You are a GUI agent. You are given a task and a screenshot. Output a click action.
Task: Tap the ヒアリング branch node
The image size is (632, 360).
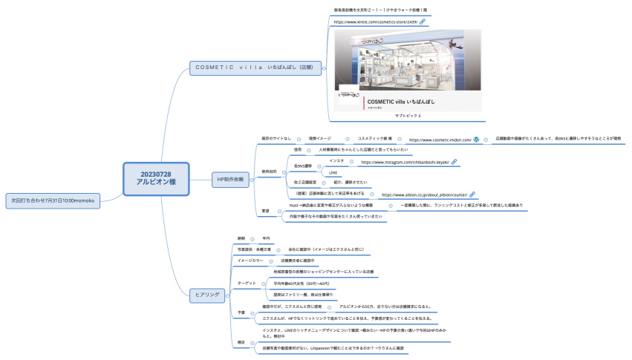206,295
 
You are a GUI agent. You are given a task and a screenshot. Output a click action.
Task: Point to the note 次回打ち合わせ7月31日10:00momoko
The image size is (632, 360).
50,200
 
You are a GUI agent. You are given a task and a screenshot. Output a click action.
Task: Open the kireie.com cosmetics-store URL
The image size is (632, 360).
375,22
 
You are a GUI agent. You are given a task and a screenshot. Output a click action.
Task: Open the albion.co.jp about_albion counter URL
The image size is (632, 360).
424,194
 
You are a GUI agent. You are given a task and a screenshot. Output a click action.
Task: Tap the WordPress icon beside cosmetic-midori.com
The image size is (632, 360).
477,139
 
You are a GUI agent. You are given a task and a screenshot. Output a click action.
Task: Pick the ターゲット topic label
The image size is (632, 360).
246,284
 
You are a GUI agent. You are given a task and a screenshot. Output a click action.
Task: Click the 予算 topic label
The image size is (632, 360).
241,312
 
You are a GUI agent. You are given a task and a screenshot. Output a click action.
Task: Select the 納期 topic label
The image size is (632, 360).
241,238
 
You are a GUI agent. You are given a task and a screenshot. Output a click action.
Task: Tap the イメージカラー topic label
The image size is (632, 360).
250,261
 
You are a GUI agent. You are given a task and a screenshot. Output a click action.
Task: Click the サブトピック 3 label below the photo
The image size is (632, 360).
408,116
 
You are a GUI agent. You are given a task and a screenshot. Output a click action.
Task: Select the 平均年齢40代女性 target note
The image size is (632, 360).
302,284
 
